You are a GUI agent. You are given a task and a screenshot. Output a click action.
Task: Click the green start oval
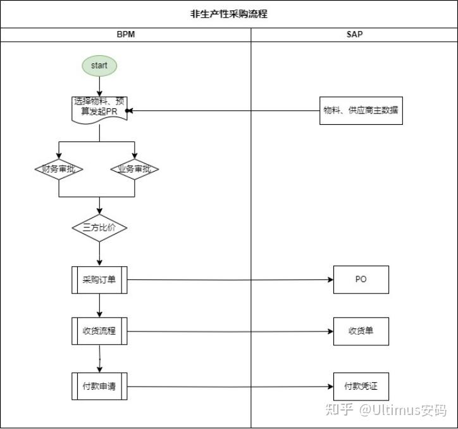point(99,65)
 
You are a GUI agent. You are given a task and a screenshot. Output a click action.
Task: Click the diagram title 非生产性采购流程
point(229,13)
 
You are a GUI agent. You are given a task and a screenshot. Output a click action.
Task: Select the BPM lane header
point(126,34)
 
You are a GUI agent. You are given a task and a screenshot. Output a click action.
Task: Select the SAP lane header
point(354,34)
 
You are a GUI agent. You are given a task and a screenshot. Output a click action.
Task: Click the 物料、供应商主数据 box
point(361,110)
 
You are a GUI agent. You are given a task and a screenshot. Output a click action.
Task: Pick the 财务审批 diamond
point(59,169)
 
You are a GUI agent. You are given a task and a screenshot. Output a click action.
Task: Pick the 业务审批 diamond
point(135,169)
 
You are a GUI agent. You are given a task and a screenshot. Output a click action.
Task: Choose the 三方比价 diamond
point(99,227)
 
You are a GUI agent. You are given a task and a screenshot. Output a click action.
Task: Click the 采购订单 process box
point(99,279)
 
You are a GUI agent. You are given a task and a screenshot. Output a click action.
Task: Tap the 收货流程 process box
point(99,331)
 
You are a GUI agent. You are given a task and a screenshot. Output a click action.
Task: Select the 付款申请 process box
point(99,387)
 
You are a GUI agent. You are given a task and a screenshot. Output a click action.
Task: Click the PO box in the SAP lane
point(361,279)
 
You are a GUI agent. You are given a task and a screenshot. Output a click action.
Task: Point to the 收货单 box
point(361,331)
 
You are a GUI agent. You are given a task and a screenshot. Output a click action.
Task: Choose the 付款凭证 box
point(361,387)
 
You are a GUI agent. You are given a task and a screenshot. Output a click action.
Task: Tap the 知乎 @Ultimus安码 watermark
point(386,410)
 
